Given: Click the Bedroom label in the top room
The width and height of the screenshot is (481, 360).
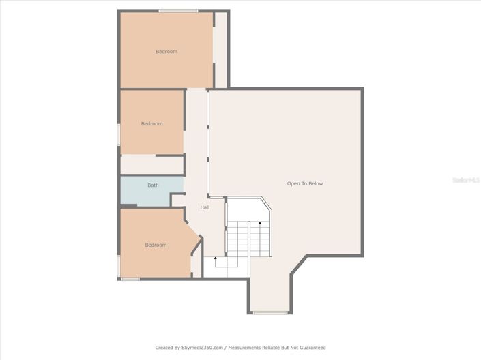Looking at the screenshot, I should [166, 52].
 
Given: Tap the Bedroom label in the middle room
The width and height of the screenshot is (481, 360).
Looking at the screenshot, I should [151, 123].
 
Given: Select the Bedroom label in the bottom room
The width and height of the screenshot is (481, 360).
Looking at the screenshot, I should [156, 245].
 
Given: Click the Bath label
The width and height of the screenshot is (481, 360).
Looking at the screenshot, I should [153, 185].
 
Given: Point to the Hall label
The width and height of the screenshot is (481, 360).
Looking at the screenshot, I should [205, 207].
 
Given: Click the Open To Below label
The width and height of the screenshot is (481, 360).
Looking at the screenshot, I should [304, 183].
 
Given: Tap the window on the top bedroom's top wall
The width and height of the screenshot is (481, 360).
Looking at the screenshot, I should [178, 11].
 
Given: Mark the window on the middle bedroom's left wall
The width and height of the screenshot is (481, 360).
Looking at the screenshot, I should [119, 134].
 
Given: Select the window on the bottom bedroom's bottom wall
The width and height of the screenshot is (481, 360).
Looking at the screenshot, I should [130, 278].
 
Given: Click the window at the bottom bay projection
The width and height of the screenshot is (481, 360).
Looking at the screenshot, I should [270, 313].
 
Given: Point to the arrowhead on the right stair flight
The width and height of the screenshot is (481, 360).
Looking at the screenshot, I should [260, 223].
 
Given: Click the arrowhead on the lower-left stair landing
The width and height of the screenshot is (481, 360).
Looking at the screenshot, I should [216, 258].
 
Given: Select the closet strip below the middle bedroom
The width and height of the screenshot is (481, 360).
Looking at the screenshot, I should [151, 165].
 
